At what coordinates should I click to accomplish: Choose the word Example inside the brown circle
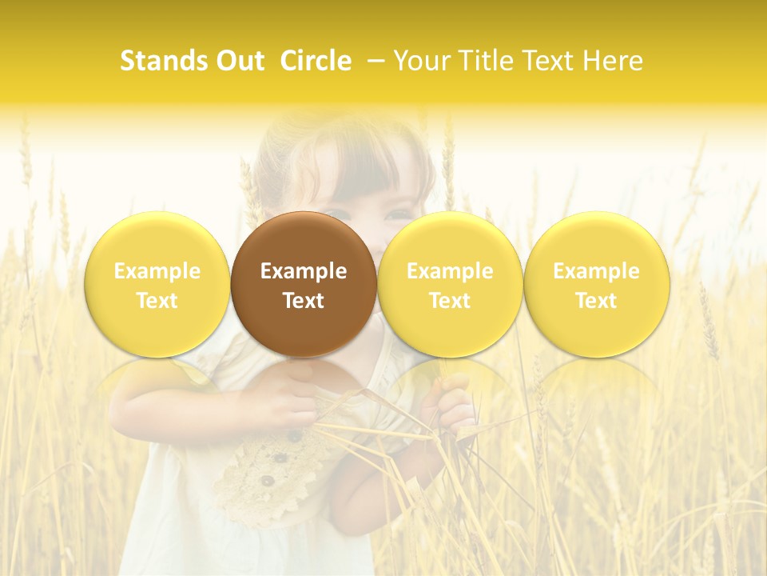304,271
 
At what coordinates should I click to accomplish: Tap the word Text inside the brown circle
304,301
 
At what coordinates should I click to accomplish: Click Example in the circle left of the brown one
157,271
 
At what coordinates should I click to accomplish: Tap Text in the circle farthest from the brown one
596,301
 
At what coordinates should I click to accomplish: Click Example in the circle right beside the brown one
450,271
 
